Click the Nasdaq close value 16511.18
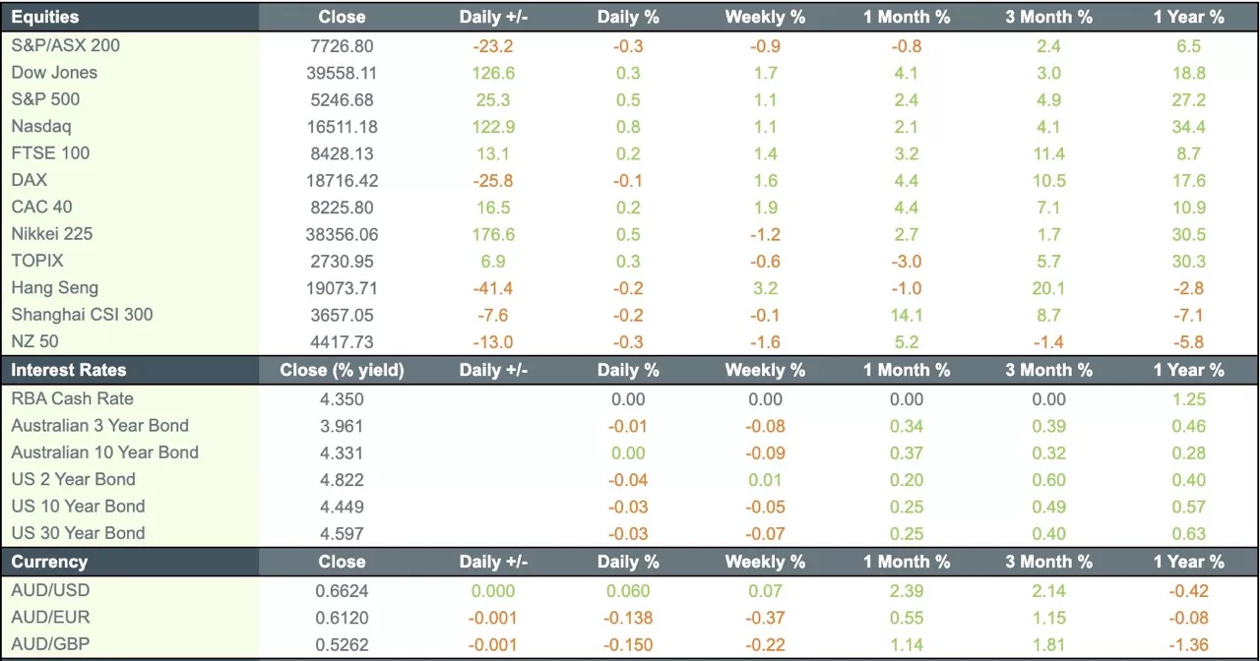342,127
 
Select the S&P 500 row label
45,99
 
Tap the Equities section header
45,17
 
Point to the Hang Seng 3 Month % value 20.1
1049,288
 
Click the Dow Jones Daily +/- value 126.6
493,73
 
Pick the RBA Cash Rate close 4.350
342,399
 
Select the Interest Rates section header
69,371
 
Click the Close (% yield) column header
342,371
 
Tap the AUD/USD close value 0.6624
342,591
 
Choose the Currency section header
49,563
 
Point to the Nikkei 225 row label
52,234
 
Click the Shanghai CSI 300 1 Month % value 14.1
906,316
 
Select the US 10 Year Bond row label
78,507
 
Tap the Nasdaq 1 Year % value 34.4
1189,127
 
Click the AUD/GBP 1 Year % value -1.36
1189,645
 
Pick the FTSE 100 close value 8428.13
342,153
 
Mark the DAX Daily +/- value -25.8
493,181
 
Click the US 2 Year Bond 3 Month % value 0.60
1049,480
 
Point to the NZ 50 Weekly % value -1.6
765,342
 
